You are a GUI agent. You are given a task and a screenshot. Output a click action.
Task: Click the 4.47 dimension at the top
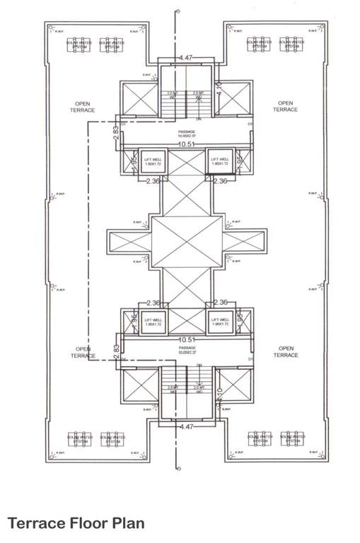coord(186,57)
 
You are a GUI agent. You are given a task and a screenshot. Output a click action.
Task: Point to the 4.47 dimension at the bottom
coord(186,427)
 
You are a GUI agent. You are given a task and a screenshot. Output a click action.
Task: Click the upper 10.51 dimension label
coord(187,144)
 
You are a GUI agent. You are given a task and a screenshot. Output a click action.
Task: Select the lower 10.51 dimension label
coord(187,339)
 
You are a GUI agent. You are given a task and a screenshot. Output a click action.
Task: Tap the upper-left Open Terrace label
coord(82,107)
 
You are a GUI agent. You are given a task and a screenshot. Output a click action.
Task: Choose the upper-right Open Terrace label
coord(286,107)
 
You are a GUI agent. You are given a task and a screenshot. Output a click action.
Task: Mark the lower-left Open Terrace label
coord(82,352)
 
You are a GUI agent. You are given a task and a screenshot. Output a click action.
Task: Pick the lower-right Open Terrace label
coord(286,352)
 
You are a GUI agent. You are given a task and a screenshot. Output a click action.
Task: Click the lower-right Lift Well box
coord(220,322)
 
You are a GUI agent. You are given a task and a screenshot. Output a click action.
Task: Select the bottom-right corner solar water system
coord(293,439)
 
